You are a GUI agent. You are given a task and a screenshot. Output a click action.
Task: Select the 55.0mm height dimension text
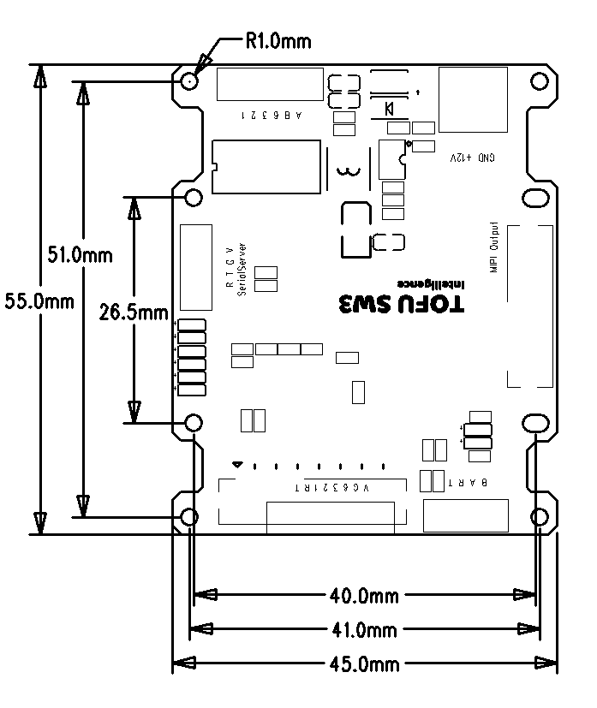tap(38, 300)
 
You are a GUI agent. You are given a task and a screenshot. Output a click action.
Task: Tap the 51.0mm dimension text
tap(81, 254)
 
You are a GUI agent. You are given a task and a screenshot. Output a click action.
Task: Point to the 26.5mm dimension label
tap(134, 312)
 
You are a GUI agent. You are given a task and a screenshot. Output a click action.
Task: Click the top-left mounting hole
tap(190, 81)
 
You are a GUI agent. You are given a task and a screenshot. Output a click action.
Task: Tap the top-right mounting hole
tap(540, 81)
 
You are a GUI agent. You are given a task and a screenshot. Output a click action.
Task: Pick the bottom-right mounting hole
tap(540, 517)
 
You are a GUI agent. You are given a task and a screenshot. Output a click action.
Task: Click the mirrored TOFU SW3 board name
tap(402, 305)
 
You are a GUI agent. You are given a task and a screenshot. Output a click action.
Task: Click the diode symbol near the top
tap(389, 109)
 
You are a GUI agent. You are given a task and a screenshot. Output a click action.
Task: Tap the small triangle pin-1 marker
tap(237, 465)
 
